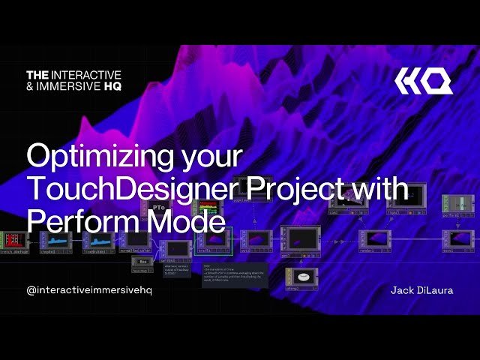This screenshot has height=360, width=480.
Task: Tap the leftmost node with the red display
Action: [13, 240]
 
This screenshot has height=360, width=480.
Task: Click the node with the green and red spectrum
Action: [205, 208]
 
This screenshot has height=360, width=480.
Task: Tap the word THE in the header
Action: [37, 75]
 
